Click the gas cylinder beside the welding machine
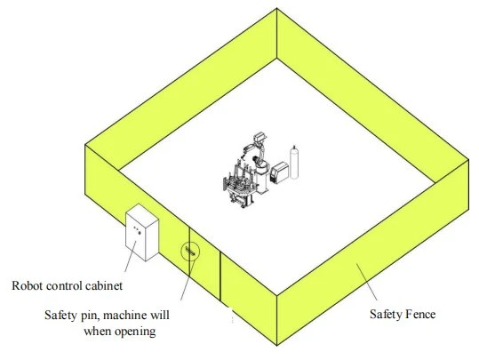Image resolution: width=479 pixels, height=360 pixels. tap(294, 163)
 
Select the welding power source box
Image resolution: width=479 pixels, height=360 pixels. tap(279, 172)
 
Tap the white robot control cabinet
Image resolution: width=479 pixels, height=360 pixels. tap(142, 232)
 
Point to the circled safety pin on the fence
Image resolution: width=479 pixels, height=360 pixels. tap(190, 252)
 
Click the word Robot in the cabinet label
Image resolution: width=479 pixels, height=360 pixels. tap(26, 285)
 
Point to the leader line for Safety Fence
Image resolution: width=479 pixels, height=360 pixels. tap(366, 282)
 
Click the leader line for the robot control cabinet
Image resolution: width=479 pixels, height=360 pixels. tap(131, 256)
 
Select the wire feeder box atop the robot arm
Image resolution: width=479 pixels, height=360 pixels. tap(260, 137)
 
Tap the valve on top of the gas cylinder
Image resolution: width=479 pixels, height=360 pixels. tap(294, 148)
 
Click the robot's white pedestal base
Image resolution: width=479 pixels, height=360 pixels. tap(262, 180)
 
